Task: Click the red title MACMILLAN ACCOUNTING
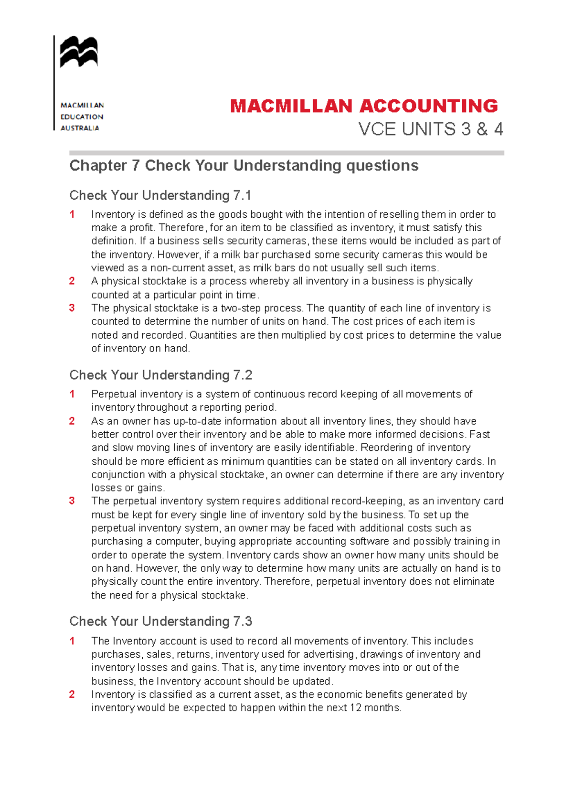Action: (x=364, y=106)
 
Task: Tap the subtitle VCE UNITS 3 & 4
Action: (x=431, y=129)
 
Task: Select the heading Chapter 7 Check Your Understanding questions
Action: (x=244, y=166)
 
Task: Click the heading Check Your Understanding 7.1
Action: (x=160, y=195)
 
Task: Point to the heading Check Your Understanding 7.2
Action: (x=160, y=375)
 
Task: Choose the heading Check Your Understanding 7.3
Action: (x=160, y=621)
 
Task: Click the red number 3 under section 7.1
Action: (x=72, y=308)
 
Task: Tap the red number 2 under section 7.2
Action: (x=72, y=421)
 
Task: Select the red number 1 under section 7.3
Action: (x=72, y=641)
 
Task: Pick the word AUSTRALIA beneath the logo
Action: (x=80, y=128)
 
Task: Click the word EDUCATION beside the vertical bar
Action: (x=82, y=117)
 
